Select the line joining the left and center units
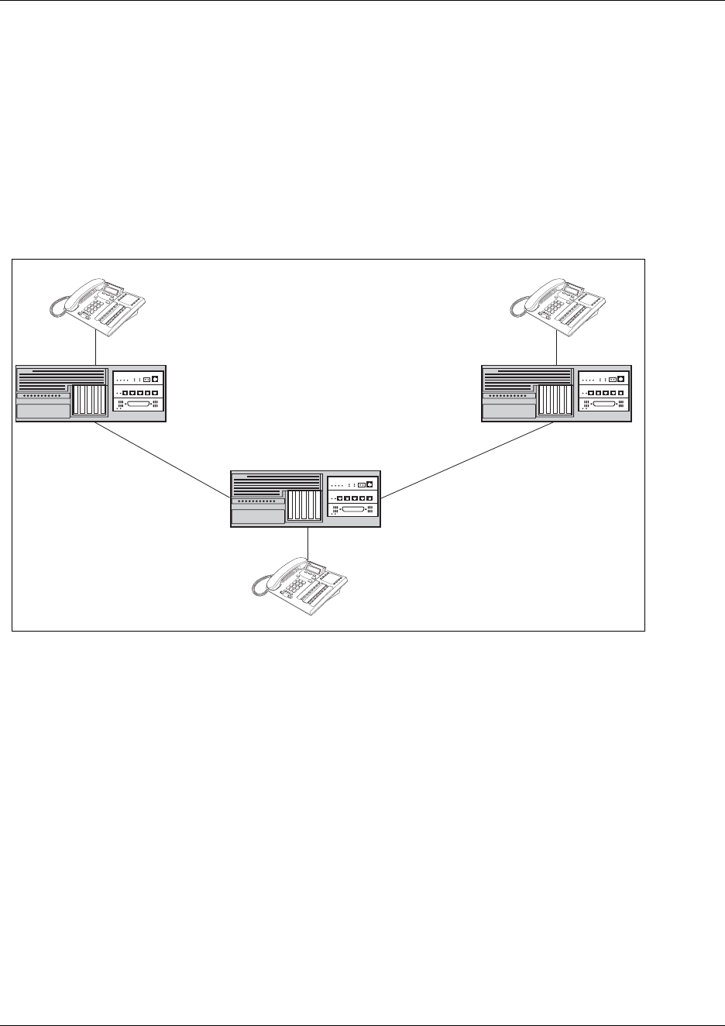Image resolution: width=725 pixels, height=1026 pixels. click(x=163, y=460)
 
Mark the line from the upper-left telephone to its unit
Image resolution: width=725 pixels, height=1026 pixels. click(x=94, y=346)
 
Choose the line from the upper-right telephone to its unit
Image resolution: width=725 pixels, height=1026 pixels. click(x=558, y=346)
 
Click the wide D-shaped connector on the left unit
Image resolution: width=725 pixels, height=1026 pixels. click(x=139, y=405)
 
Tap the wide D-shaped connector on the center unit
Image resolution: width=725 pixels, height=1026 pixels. click(x=353, y=511)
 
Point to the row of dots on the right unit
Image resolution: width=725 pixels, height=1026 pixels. click(x=508, y=395)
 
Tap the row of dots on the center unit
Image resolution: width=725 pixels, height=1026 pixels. click(x=257, y=501)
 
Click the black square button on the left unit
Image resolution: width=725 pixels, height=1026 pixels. click(x=155, y=379)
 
